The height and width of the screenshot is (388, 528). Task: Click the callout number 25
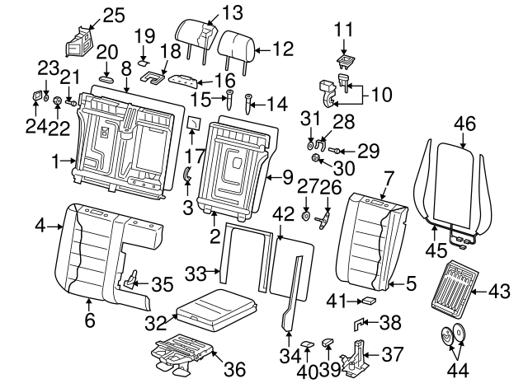coord(113,14)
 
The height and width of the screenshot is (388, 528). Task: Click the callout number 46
coord(465,124)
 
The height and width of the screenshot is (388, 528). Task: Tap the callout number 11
coord(343,30)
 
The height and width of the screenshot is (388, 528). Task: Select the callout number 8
coord(126,70)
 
